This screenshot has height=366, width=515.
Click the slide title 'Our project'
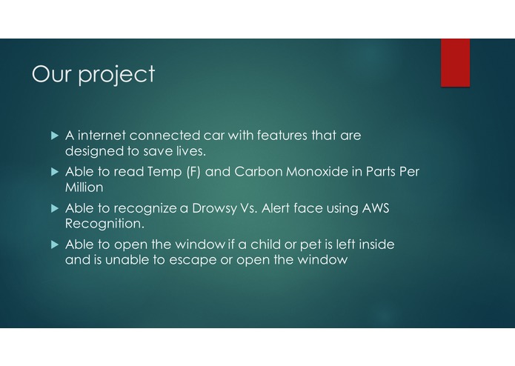click(93, 75)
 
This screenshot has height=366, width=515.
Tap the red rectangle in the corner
click(455, 62)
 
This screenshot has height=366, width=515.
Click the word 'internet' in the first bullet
click(102, 136)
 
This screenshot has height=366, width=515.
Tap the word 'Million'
click(84, 187)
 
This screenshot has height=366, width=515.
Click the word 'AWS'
click(375, 208)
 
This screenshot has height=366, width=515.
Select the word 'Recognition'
click(103, 223)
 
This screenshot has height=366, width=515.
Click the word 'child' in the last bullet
click(272, 244)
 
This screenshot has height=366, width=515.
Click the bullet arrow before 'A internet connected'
click(54, 136)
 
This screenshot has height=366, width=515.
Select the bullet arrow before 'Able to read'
click(54, 172)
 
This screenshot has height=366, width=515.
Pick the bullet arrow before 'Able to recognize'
click(54, 208)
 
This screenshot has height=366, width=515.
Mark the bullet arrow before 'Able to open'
click(54, 244)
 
